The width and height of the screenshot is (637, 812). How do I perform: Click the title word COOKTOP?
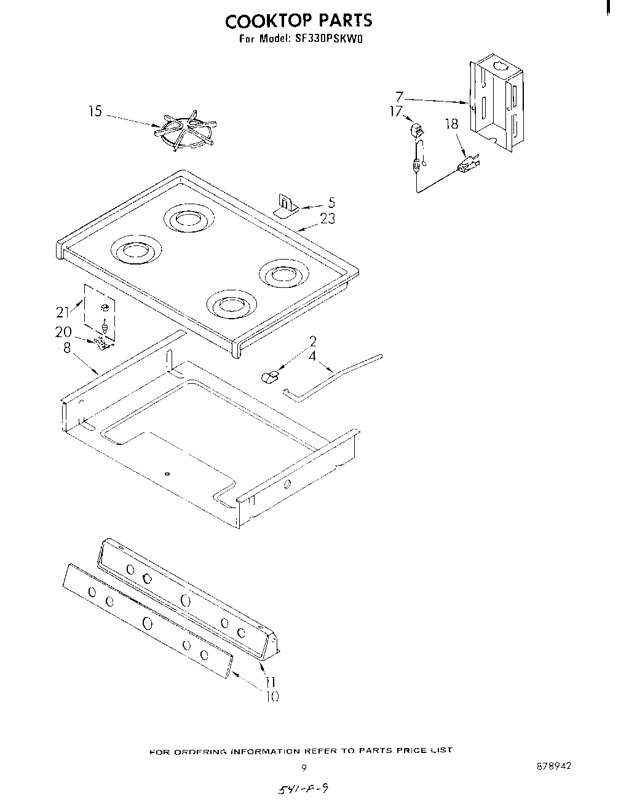pos(261,21)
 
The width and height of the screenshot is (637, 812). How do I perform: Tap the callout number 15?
pos(95,112)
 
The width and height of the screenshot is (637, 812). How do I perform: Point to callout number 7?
pos(400,97)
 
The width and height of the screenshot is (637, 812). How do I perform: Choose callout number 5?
pos(331,202)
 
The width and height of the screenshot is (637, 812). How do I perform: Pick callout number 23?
pos(328,218)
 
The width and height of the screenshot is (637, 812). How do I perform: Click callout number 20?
pos(63,332)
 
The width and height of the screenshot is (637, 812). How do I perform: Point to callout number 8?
pos(67,348)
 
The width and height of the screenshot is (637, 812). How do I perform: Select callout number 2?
pos(312,341)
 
